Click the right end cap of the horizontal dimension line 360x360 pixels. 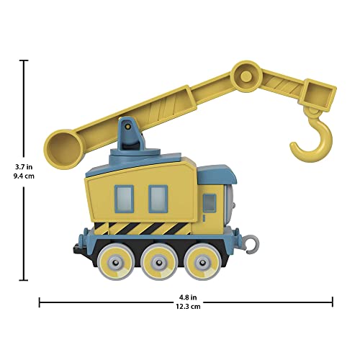click(332, 302)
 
